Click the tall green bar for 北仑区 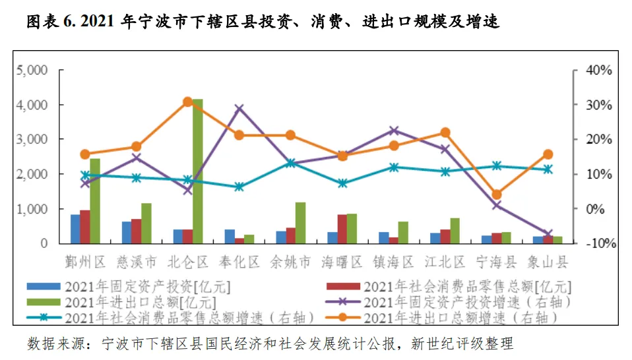(197, 171)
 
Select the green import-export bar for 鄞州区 (95, 201)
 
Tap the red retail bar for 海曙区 (342, 229)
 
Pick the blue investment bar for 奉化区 (230, 237)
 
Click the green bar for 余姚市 (301, 223)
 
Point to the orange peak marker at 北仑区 (188, 102)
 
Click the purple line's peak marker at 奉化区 (239, 108)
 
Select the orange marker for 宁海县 (497, 195)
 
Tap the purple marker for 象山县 (548, 233)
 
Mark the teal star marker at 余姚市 (291, 163)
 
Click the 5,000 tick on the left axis (32, 70)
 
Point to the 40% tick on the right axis (598, 70)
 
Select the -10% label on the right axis (600, 243)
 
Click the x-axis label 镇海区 (393, 262)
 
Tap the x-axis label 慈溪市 (137, 262)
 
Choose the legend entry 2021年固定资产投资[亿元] (129, 287)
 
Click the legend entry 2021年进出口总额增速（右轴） (442, 318)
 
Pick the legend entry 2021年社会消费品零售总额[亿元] (449, 287)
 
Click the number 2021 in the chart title (97, 21)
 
